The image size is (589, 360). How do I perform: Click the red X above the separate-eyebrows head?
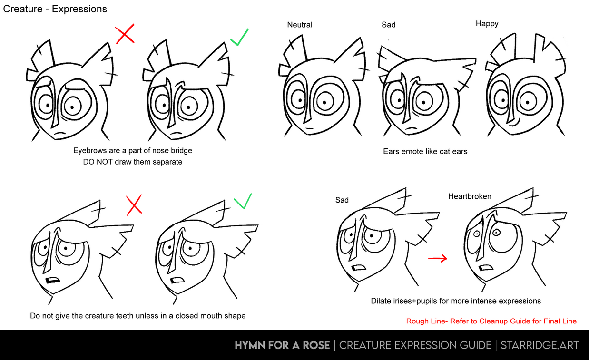pos(125,34)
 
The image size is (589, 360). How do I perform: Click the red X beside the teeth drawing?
pos(134,205)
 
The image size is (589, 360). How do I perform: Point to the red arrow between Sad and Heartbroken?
pos(438,258)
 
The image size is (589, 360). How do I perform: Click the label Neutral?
pos(300,25)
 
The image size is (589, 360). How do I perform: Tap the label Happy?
pos(487,24)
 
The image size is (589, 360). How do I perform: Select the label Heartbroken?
pos(470,196)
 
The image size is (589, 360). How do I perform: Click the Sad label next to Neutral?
pos(388,25)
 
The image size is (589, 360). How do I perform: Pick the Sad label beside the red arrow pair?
pos(342,200)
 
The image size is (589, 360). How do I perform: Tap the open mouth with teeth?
pos(53,280)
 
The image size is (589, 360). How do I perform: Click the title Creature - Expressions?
pos(55,9)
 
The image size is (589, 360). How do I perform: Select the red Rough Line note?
pos(491,321)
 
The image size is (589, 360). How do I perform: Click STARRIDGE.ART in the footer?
pos(540,345)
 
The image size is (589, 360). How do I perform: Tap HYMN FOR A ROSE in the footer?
pos(282,345)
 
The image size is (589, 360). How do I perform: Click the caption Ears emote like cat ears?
pos(425,151)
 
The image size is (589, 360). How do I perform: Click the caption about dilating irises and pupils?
pos(456,301)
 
